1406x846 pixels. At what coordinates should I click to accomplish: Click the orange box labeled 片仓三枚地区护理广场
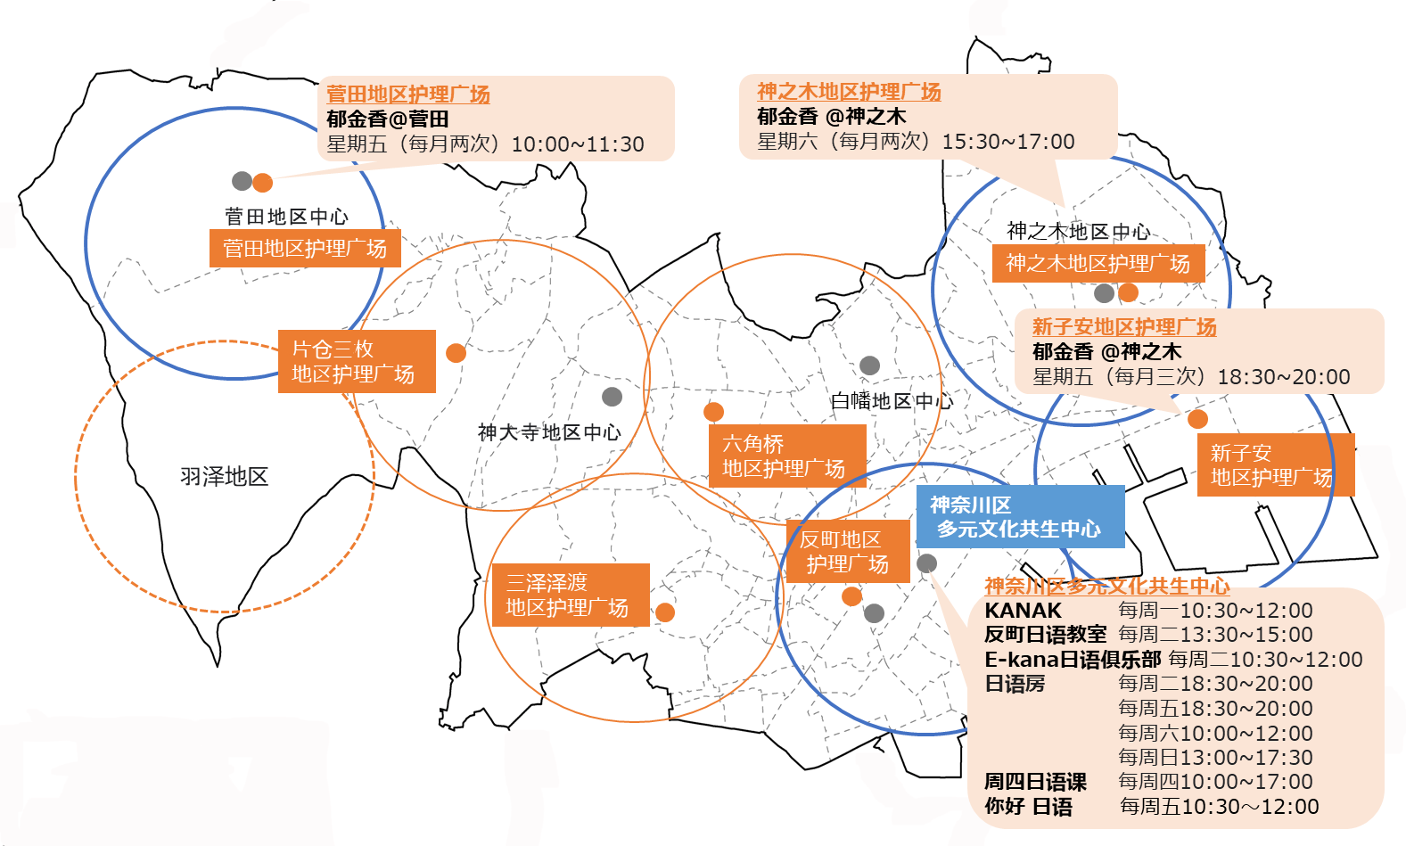pos(357,362)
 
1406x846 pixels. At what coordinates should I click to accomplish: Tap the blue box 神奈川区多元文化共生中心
pos(1020,516)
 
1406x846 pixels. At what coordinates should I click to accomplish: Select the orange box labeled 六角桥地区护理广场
pos(787,456)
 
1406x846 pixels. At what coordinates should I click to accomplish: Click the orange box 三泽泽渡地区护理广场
pos(571,595)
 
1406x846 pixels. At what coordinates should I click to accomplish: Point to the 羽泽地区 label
pos(224,476)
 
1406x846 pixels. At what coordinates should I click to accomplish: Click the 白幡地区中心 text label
pos(892,400)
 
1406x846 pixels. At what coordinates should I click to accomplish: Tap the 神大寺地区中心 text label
pos(549,431)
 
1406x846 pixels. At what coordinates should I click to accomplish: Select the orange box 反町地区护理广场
pos(848,551)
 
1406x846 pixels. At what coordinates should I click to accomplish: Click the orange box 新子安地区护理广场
pos(1276,465)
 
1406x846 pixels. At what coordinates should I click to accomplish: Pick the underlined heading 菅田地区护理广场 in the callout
pos(408,94)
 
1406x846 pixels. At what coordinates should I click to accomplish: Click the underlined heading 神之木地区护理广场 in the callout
pos(850,92)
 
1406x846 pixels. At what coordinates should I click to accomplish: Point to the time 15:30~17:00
pos(1008,142)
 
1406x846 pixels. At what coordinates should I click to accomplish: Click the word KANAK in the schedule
pos(1024,610)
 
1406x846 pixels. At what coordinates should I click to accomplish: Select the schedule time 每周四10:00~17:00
pos(1215,781)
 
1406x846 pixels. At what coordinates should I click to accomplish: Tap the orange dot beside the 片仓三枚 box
pos(456,353)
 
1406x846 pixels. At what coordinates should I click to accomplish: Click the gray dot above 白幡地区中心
pos(869,365)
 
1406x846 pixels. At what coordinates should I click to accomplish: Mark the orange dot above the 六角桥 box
pos(713,412)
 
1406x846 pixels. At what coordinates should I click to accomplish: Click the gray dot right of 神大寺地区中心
pos(612,397)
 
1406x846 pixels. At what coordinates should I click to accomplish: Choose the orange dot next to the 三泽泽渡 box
pos(665,612)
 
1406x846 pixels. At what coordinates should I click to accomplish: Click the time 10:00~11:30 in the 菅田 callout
pos(578,144)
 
